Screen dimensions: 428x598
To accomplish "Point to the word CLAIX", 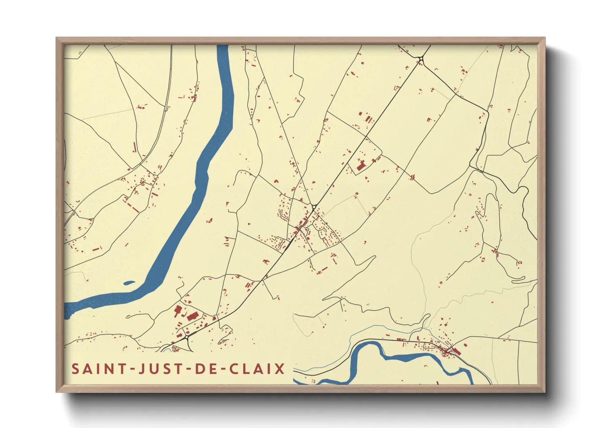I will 257,369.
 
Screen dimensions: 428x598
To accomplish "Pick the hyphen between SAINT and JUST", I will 131,369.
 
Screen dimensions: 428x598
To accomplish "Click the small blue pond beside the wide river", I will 129,283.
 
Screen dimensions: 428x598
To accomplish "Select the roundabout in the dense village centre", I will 314,207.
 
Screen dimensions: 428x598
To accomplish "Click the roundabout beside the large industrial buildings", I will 187,337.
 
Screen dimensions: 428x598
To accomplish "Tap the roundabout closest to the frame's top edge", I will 421,59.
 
